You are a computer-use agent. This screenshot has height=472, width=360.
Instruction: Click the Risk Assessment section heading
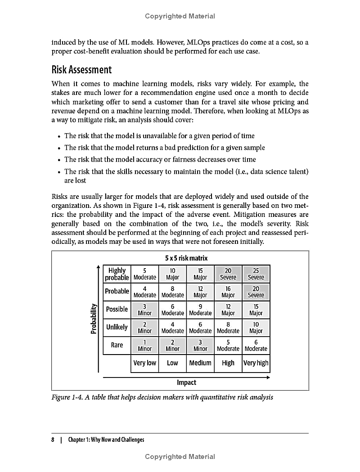(81, 70)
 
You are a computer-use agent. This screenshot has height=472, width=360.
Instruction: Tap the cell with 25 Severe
(256, 274)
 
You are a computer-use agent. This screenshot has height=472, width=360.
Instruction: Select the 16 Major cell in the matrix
(228, 292)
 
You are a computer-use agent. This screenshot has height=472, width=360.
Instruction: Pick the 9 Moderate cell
(200, 310)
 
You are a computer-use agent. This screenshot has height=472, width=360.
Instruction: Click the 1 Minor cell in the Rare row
(145, 345)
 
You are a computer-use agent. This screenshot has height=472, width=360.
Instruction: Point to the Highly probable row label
(117, 274)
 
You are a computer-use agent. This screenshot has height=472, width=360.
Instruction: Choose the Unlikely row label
(117, 327)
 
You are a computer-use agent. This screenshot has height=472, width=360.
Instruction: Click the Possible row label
(117, 310)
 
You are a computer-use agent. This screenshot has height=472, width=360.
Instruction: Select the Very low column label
(145, 363)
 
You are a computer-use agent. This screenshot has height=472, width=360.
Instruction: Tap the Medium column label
(200, 363)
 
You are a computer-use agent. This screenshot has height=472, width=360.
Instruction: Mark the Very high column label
(256, 363)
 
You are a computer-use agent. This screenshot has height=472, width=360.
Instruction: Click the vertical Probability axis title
(94, 319)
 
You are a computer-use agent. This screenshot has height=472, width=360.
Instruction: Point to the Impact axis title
(186, 382)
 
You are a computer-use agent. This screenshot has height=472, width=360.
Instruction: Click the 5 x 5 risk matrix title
(186, 258)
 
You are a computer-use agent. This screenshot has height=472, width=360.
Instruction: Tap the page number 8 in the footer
(53, 440)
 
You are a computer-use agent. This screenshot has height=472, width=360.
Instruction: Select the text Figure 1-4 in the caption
(67, 397)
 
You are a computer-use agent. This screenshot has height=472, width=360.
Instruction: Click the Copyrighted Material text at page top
(180, 16)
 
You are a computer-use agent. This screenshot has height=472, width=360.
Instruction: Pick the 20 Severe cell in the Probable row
(256, 292)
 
